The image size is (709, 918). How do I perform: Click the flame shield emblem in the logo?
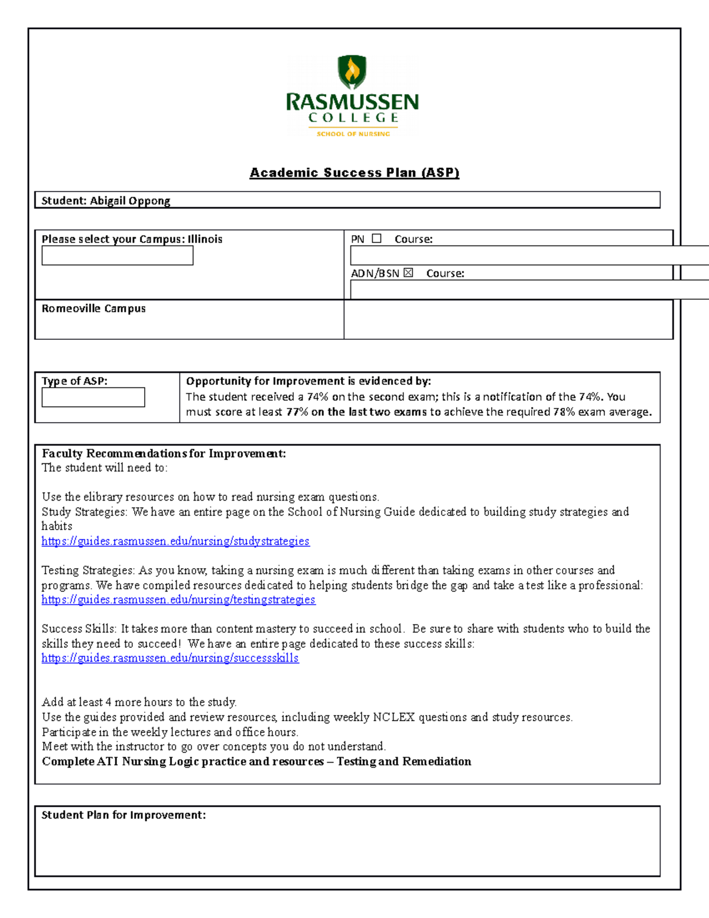[352, 72]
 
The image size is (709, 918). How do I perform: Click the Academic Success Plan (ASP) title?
[354, 173]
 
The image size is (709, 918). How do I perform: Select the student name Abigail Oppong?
[130, 201]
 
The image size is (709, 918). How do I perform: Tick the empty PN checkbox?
[376, 239]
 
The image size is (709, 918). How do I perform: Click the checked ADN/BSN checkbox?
[408, 273]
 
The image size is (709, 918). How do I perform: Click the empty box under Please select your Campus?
[117, 256]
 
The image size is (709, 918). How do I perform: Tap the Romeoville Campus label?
[93, 309]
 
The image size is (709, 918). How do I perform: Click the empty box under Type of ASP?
[93, 397]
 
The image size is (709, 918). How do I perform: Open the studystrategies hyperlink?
[175, 541]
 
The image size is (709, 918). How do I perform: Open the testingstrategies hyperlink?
[178, 599]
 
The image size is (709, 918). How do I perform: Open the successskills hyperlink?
[170, 658]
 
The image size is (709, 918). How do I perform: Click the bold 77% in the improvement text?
[297, 412]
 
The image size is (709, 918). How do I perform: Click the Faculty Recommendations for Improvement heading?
[164, 453]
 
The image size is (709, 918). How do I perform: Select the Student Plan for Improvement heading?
[123, 815]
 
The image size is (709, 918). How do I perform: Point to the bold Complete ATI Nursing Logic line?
[256, 761]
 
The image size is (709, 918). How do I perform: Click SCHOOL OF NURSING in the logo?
[353, 134]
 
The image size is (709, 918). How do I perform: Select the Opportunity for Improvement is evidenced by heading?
[308, 381]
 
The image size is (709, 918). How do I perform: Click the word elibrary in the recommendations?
[103, 497]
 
